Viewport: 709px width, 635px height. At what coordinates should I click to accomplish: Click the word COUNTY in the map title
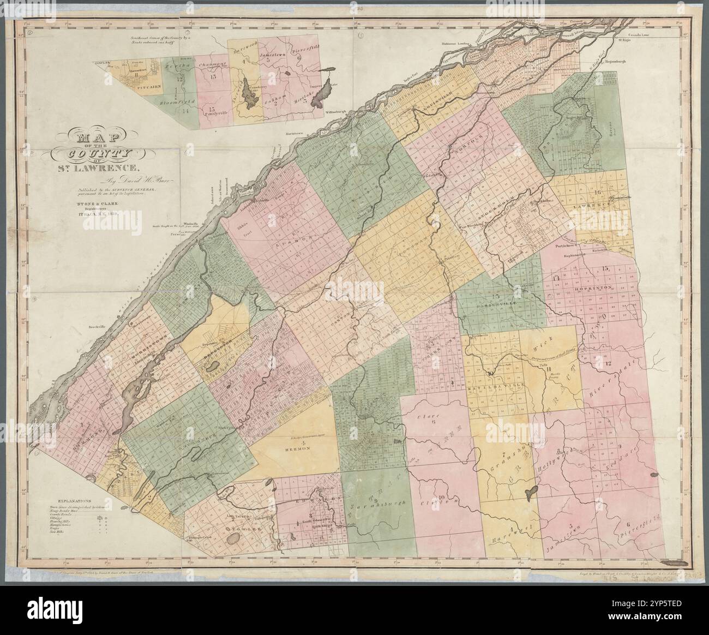98,153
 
